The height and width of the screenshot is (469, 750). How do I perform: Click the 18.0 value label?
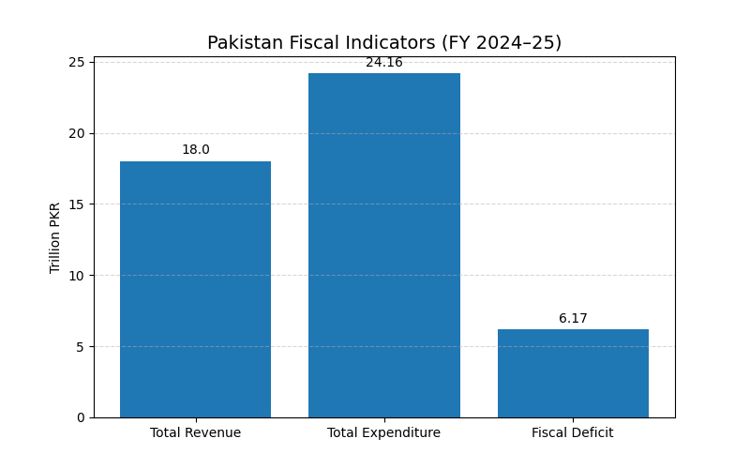click(195, 150)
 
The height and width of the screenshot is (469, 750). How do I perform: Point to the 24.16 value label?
click(384, 63)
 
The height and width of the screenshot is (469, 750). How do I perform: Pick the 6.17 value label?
click(573, 319)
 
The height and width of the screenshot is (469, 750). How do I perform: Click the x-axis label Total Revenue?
click(195, 432)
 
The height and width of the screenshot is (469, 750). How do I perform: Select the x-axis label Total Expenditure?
click(384, 432)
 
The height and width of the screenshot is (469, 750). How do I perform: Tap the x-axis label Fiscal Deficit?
click(573, 432)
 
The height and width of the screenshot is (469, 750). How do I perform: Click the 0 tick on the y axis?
click(82, 417)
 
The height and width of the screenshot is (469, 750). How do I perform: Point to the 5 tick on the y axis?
click(82, 346)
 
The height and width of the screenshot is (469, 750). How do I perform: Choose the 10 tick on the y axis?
click(78, 276)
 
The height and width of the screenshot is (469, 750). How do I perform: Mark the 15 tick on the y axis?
click(78, 204)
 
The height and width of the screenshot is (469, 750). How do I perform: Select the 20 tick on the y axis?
click(78, 133)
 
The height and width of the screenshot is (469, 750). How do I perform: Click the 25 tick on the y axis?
click(78, 63)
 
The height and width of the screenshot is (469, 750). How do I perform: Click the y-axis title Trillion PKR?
click(55, 237)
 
